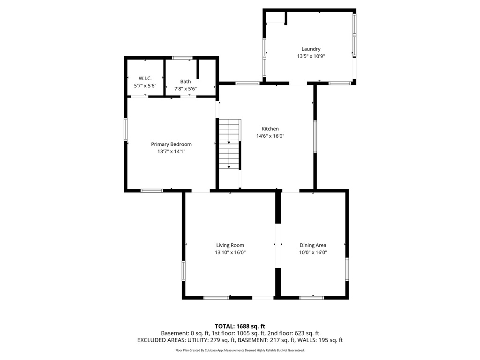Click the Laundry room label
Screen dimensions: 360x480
click(311, 49)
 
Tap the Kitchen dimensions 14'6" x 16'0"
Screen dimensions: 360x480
click(270, 136)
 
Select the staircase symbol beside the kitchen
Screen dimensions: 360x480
click(230, 144)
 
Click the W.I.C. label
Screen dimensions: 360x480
click(145, 78)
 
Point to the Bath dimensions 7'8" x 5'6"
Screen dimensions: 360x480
click(186, 89)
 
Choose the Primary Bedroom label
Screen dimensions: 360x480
click(171, 144)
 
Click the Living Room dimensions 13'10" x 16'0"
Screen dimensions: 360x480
click(230, 252)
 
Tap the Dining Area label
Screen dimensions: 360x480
click(313, 245)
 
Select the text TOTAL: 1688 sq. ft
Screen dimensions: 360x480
click(240, 326)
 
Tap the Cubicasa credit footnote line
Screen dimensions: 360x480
click(240, 350)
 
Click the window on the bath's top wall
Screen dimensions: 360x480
click(182, 58)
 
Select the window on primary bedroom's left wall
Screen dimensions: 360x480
click(126, 129)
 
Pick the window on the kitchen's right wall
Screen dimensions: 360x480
click(315, 136)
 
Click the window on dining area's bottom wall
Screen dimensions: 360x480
click(312, 297)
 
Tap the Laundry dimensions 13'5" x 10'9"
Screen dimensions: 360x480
click(311, 56)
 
